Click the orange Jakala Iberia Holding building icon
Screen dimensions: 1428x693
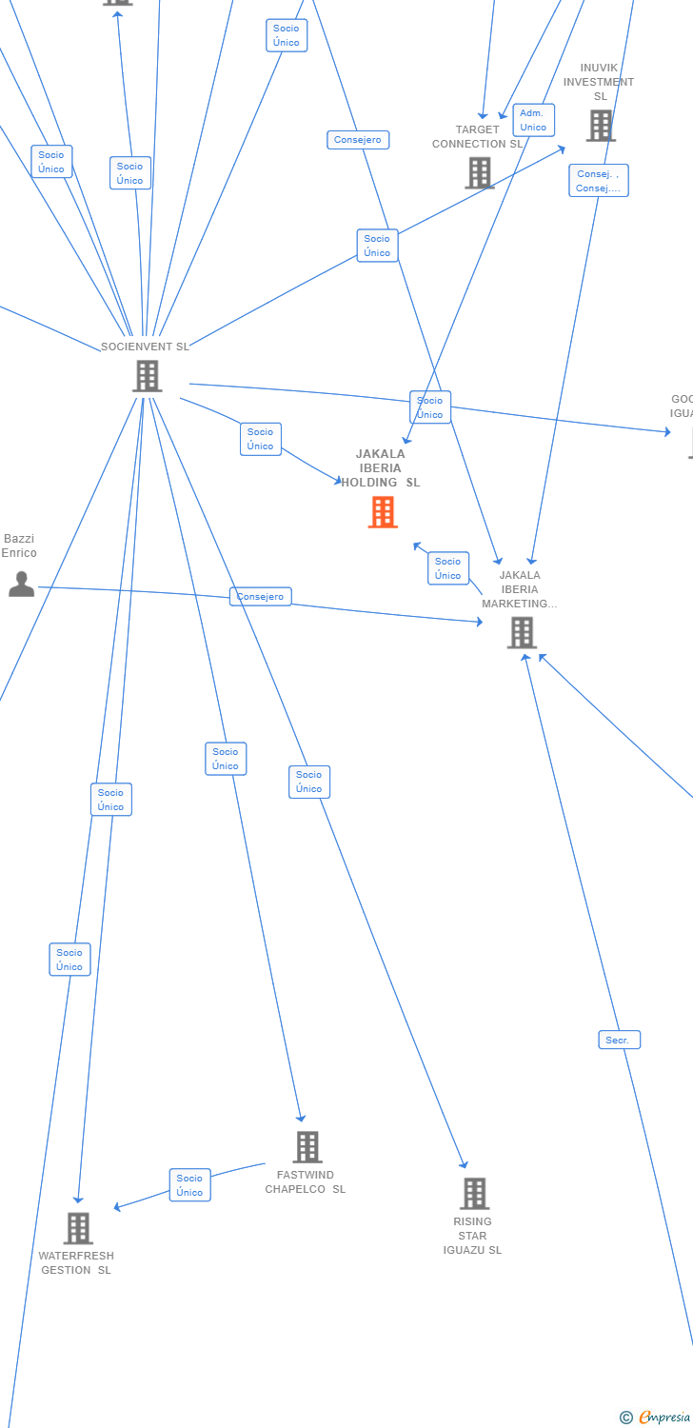(383, 512)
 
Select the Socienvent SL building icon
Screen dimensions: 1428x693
(147, 376)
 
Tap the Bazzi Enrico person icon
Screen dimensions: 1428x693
(21, 584)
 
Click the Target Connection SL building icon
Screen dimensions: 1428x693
(479, 172)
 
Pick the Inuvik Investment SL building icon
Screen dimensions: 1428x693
(600, 125)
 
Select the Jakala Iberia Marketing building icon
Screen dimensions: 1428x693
(521, 632)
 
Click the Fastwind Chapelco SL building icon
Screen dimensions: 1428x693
(307, 1147)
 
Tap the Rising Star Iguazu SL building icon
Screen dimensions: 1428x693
(474, 1193)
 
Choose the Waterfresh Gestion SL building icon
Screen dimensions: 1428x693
(78, 1228)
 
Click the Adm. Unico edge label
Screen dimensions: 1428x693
(533, 120)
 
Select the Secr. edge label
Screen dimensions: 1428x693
(619, 1040)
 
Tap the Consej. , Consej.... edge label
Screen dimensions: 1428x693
(599, 181)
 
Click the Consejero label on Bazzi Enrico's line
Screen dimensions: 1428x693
(260, 597)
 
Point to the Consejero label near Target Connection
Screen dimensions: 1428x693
(358, 140)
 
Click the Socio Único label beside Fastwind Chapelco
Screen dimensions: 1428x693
(189, 1185)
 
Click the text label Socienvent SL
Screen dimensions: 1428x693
(146, 347)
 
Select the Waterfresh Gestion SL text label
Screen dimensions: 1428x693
(76, 1263)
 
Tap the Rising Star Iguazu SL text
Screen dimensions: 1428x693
(472, 1236)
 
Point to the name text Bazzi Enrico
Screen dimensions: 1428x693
(19, 545)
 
